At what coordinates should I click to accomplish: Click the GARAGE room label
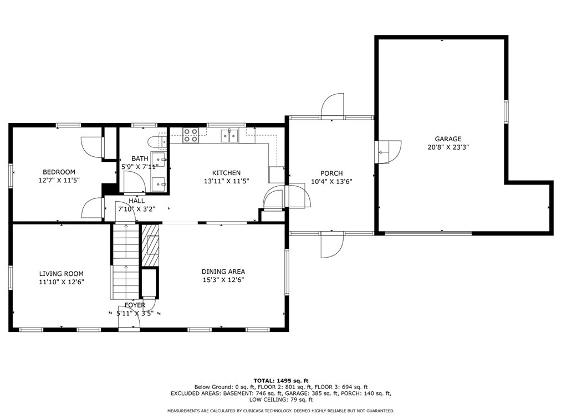click(x=448, y=139)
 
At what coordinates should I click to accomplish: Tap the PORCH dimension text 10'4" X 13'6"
click(x=331, y=181)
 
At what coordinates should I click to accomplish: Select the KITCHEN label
click(x=226, y=173)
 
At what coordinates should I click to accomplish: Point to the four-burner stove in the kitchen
click(x=190, y=135)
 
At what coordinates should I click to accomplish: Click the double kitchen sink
click(x=229, y=136)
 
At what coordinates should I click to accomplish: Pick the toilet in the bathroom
click(x=157, y=142)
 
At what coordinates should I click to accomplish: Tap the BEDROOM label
click(x=59, y=172)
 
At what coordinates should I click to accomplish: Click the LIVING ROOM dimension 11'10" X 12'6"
click(x=62, y=282)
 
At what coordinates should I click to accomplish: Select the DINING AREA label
click(x=223, y=272)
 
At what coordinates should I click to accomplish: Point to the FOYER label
click(x=135, y=305)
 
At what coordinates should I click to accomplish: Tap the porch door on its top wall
click(x=333, y=105)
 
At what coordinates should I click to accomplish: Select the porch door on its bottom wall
click(x=332, y=245)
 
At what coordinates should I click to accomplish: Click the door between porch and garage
click(x=389, y=152)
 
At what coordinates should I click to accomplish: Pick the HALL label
click(x=136, y=201)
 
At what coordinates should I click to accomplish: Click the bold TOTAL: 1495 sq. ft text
click(x=281, y=381)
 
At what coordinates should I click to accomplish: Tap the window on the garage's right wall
click(x=506, y=112)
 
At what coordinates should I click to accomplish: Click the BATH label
click(x=140, y=158)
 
